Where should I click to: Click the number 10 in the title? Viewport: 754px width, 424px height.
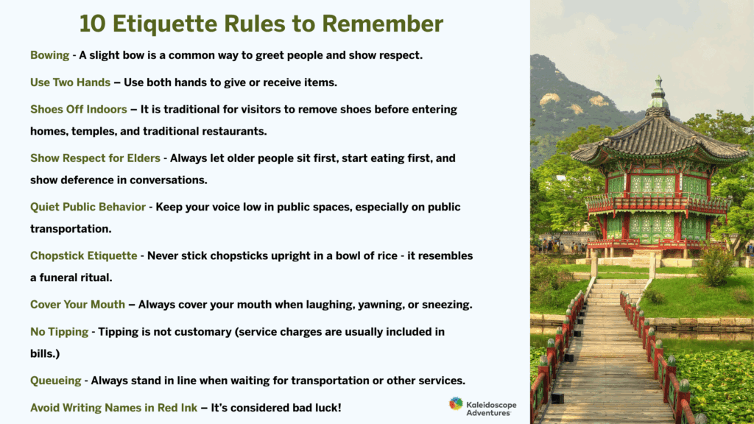(x=92, y=24)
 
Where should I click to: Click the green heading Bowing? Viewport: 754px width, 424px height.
(x=49, y=55)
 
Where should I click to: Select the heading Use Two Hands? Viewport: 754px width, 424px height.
(x=70, y=82)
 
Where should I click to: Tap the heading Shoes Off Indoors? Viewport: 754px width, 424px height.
(x=78, y=109)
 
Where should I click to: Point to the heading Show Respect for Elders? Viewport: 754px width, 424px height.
(x=95, y=158)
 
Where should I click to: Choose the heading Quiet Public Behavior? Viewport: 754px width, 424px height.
(x=88, y=207)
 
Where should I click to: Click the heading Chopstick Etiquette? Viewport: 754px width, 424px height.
(x=84, y=255)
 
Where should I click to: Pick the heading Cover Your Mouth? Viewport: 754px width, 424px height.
(x=77, y=304)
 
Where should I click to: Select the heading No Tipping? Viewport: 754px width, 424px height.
(x=59, y=332)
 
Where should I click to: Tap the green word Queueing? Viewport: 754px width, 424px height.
(x=56, y=381)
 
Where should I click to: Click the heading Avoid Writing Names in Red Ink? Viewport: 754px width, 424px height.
(x=113, y=408)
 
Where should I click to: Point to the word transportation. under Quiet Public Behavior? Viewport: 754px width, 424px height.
(x=71, y=229)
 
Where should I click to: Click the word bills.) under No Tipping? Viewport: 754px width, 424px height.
(x=45, y=354)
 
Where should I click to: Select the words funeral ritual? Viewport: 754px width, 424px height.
(x=76, y=278)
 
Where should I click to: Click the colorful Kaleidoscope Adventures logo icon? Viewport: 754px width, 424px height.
(x=456, y=404)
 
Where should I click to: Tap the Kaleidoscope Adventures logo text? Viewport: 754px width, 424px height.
(x=491, y=409)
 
